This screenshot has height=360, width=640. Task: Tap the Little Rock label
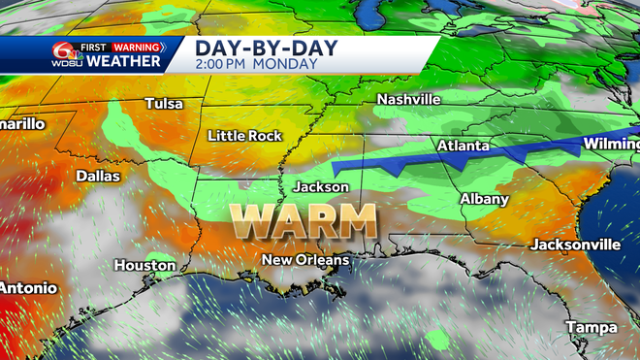coord(245,136)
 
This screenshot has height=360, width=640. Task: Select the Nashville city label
coord(408,100)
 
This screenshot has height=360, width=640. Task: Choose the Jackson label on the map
coord(324,184)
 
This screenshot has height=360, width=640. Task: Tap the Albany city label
coord(484,199)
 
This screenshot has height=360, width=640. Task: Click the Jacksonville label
coord(575,244)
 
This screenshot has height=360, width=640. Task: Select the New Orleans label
coord(305,259)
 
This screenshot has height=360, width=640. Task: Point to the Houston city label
coord(144,265)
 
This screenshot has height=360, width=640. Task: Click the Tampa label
coord(592,326)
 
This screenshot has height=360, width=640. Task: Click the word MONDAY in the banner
coord(288,64)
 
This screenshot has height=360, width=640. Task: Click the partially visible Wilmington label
coord(610,145)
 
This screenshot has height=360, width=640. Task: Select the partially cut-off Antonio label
coord(28,288)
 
